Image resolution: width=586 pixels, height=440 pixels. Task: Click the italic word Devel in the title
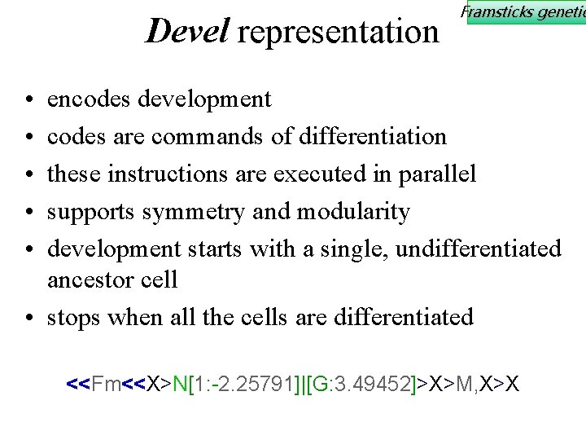pyautogui.click(x=186, y=31)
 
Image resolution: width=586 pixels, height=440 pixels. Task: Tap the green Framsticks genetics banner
pyautogui.click(x=525, y=12)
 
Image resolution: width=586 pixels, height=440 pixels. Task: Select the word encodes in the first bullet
pyautogui.click(x=90, y=99)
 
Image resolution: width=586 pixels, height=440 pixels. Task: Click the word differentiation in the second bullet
pyautogui.click(x=373, y=136)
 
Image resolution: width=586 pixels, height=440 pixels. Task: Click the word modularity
pyautogui.click(x=353, y=211)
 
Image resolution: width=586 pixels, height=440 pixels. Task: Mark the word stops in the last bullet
pyautogui.click(x=74, y=317)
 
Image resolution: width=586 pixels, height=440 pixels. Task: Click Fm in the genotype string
pyautogui.click(x=106, y=383)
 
